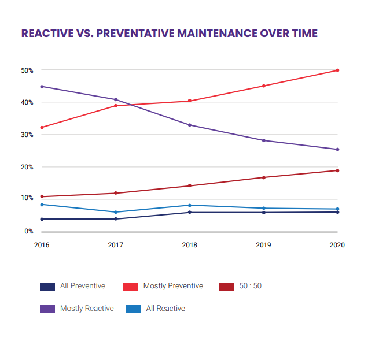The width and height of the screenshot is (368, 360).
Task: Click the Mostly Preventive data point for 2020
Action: pyautogui.click(x=337, y=70)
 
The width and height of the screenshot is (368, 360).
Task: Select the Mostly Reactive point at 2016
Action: pyautogui.click(x=42, y=87)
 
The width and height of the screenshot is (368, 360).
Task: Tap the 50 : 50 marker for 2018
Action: pyautogui.click(x=190, y=186)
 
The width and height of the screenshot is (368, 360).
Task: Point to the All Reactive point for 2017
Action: pyautogui.click(x=116, y=212)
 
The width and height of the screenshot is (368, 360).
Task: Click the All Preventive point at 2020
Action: pyautogui.click(x=337, y=212)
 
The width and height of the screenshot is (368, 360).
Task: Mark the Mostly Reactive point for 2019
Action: pyautogui.click(x=264, y=140)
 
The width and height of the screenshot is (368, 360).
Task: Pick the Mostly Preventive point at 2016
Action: pyautogui.click(x=42, y=127)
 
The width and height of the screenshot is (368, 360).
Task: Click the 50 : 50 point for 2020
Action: pyautogui.click(x=337, y=170)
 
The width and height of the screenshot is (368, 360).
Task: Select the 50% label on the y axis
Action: pyautogui.click(x=27, y=70)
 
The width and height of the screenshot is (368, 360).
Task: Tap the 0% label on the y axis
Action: pyautogui.click(x=29, y=232)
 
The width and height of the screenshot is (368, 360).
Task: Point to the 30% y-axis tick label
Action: pyautogui.click(x=27, y=135)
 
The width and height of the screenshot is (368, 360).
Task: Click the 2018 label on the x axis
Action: pyautogui.click(x=190, y=245)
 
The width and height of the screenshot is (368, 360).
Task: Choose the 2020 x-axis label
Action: pyautogui.click(x=337, y=245)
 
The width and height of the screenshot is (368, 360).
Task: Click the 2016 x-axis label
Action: pyautogui.click(x=42, y=245)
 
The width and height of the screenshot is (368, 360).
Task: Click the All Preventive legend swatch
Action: pyautogui.click(x=47, y=286)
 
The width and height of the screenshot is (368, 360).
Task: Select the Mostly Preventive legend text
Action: pyautogui.click(x=173, y=286)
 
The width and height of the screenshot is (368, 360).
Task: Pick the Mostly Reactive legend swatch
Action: pyautogui.click(x=47, y=309)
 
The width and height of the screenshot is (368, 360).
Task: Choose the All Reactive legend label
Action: pyautogui.click(x=165, y=309)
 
